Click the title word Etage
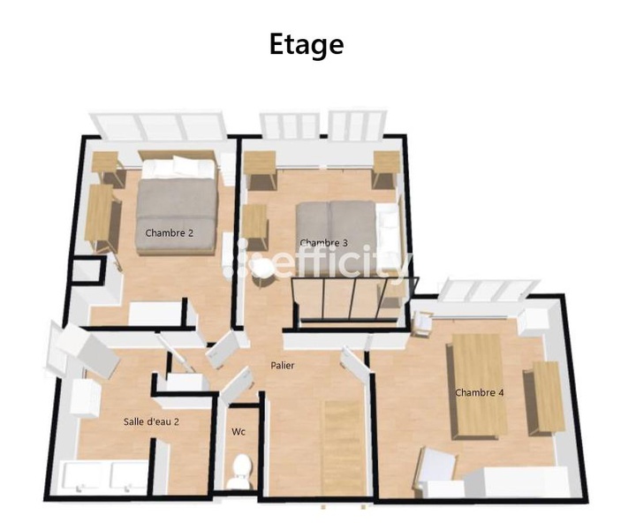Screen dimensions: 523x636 pyautogui.click(x=307, y=44)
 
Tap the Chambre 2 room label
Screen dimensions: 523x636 pyautogui.click(x=169, y=233)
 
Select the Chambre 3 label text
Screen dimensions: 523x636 pyautogui.click(x=323, y=243)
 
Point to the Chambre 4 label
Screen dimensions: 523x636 pyautogui.click(x=479, y=392)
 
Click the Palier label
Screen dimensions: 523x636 pyautogui.click(x=283, y=365)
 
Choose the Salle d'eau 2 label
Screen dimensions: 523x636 pyautogui.click(x=151, y=421)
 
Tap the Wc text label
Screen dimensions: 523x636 pyautogui.click(x=238, y=432)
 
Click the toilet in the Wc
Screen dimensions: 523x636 pyautogui.click(x=238, y=473)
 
